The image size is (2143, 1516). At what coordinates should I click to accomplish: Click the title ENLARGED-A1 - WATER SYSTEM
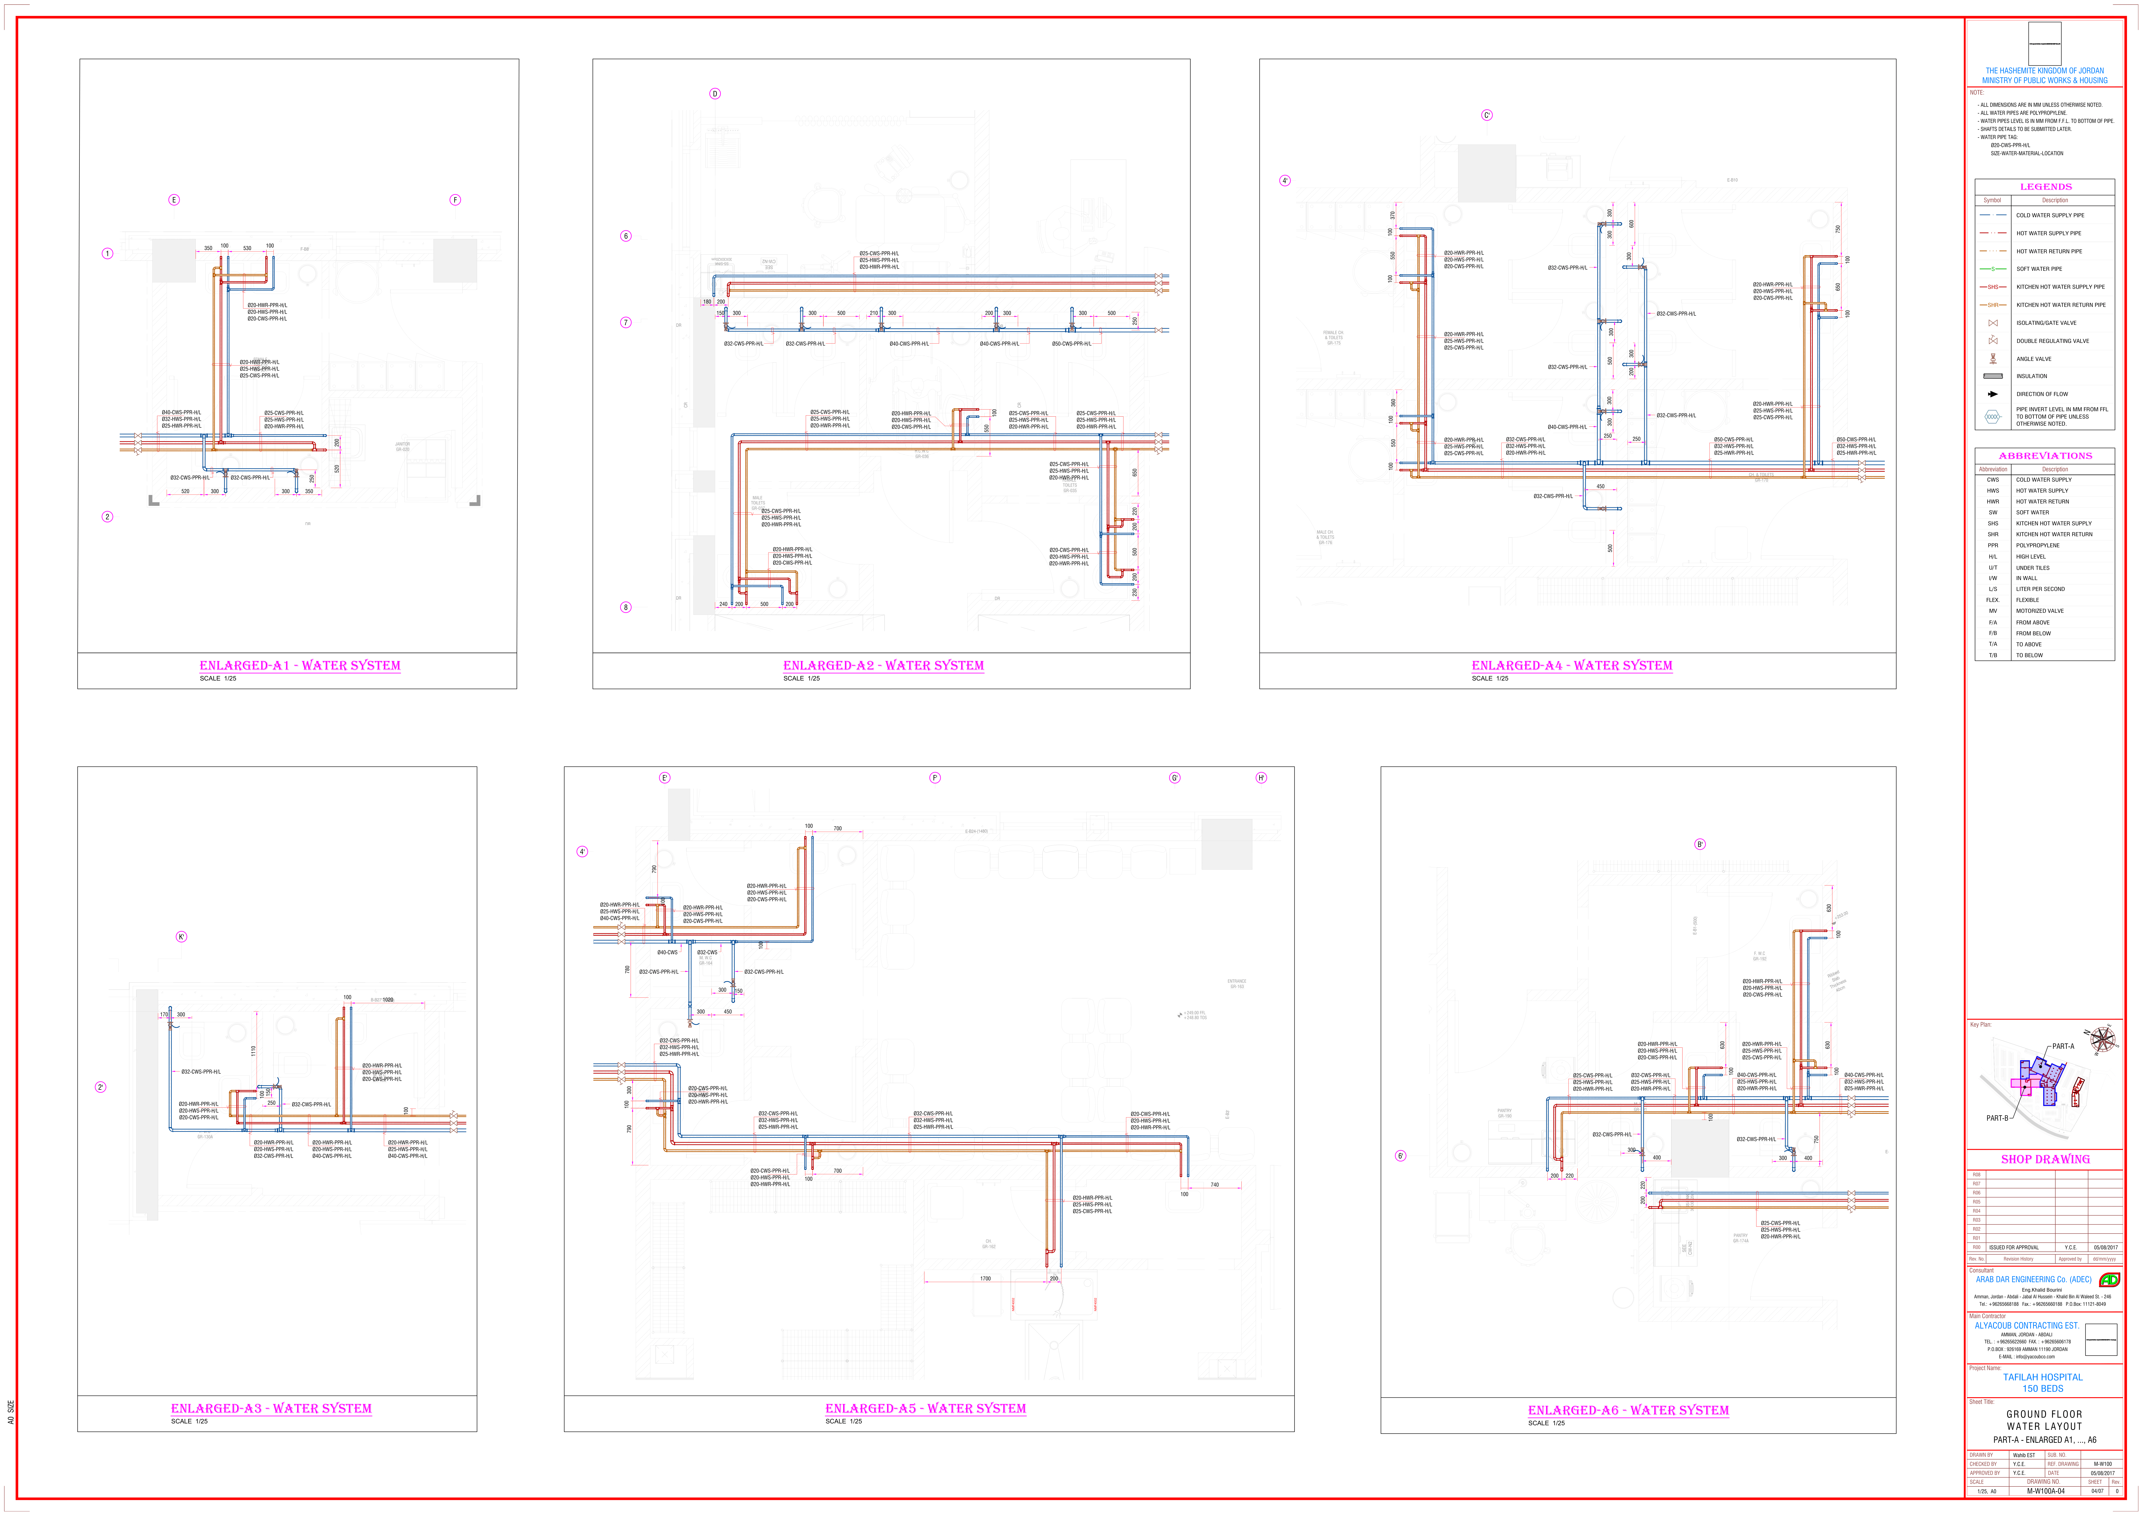point(300,666)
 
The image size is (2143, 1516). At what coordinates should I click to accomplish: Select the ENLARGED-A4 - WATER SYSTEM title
point(1572,666)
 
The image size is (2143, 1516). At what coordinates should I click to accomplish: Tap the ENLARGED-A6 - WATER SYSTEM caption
point(1628,1410)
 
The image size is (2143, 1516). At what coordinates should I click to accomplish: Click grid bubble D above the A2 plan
point(715,93)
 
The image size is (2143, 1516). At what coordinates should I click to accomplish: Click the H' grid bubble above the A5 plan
point(1261,778)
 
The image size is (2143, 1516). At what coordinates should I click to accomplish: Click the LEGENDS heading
point(2045,187)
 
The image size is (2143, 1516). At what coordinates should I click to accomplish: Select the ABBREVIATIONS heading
point(2045,456)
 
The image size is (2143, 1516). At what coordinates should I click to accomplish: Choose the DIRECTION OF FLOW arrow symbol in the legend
point(1993,394)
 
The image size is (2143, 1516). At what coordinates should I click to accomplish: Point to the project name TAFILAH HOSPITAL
point(2042,1377)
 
